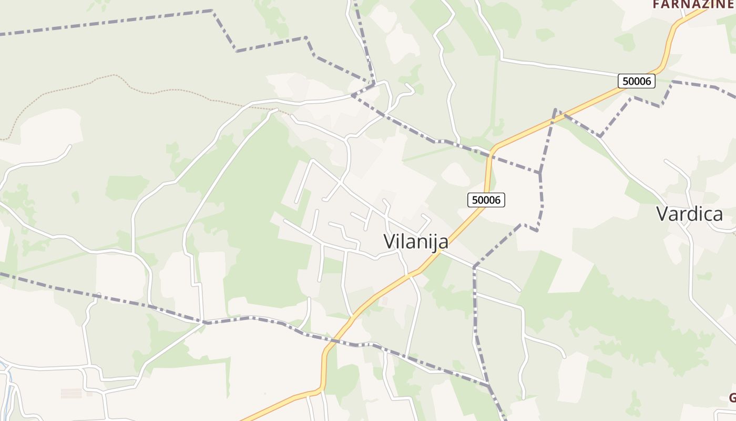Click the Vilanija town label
416,242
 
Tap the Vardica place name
689,214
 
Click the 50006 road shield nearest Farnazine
637,81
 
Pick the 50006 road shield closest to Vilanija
486,200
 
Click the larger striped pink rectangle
71,393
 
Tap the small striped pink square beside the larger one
89,393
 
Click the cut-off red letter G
732,397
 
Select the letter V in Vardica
665,214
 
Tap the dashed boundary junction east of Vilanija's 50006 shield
540,173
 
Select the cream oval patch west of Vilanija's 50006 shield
455,174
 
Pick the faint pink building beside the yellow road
384,301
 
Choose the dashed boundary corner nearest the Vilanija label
474,267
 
